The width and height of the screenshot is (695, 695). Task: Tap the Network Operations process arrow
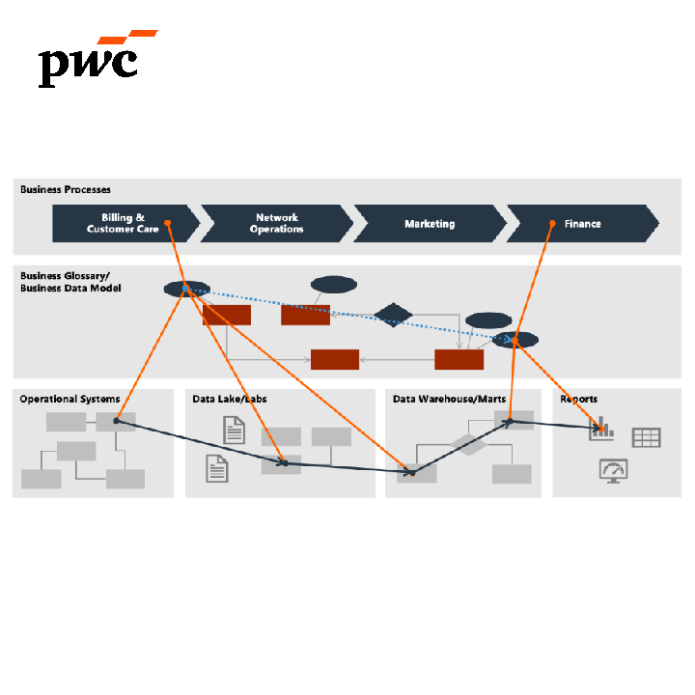tap(276, 223)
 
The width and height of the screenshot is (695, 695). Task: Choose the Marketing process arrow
tap(430, 223)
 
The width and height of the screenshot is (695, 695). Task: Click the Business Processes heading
tap(66, 190)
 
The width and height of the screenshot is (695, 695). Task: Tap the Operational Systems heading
tap(69, 399)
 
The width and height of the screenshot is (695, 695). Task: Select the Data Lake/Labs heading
tap(230, 399)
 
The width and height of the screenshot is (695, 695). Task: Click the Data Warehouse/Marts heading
tap(449, 399)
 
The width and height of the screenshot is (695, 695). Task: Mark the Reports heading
tap(579, 399)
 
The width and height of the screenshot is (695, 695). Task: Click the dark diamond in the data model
tap(393, 315)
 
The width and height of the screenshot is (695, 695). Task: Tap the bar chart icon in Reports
tap(602, 430)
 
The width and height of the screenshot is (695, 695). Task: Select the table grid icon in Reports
tap(646, 437)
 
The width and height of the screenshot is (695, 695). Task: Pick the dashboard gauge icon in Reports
tap(613, 470)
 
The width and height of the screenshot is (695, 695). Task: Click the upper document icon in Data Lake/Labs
tap(234, 430)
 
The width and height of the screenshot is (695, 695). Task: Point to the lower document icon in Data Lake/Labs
tap(217, 468)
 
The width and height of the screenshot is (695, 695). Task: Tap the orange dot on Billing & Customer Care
tap(167, 223)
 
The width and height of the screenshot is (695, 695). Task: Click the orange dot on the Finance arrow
tap(551, 224)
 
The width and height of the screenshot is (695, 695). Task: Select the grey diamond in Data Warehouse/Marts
tap(469, 444)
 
